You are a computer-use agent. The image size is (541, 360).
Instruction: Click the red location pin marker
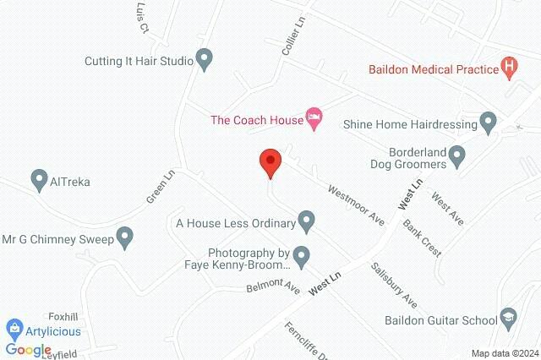click(x=270, y=162)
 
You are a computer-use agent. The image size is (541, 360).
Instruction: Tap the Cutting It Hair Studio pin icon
click(x=204, y=60)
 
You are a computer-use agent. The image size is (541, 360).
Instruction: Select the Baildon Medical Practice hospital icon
click(x=509, y=66)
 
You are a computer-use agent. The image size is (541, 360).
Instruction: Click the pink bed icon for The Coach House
click(x=314, y=120)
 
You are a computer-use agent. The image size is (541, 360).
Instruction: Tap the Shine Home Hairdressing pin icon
click(x=488, y=123)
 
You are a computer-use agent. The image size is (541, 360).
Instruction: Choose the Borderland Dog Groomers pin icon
click(x=457, y=156)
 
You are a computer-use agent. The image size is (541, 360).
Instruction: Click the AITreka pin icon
click(x=38, y=181)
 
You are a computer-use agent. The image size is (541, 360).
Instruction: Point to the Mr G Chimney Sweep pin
click(x=125, y=238)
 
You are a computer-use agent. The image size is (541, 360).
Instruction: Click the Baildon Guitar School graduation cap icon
click(x=508, y=319)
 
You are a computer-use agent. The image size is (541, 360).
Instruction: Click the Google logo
click(x=28, y=350)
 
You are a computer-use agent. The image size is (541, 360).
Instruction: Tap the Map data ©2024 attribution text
click(x=504, y=353)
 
